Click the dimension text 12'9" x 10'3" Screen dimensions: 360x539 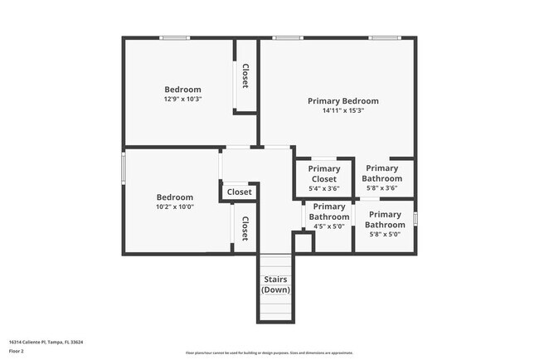[x=182, y=99]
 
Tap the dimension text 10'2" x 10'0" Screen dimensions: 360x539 [x=174, y=207]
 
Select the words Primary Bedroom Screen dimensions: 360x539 [x=342, y=101]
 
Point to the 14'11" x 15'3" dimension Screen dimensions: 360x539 [x=342, y=110]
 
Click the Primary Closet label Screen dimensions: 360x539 [x=323, y=173]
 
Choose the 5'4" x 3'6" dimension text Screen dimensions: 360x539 [x=323, y=188]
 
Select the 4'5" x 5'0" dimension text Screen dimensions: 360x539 [x=329, y=226]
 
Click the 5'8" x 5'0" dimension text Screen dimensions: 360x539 [x=385, y=234]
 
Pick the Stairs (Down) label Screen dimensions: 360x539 [x=274, y=285]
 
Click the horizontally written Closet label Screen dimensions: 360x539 [x=239, y=192]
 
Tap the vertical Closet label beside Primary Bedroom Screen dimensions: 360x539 [x=245, y=76]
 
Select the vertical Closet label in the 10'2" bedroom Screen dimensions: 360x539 [x=245, y=228]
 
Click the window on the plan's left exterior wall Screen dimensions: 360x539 [x=124, y=168]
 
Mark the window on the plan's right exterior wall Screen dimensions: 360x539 [x=415, y=218]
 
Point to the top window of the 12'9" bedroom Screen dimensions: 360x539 [x=174, y=38]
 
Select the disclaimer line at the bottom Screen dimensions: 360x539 [x=269, y=353]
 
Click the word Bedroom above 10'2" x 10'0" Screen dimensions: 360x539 [x=174, y=197]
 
